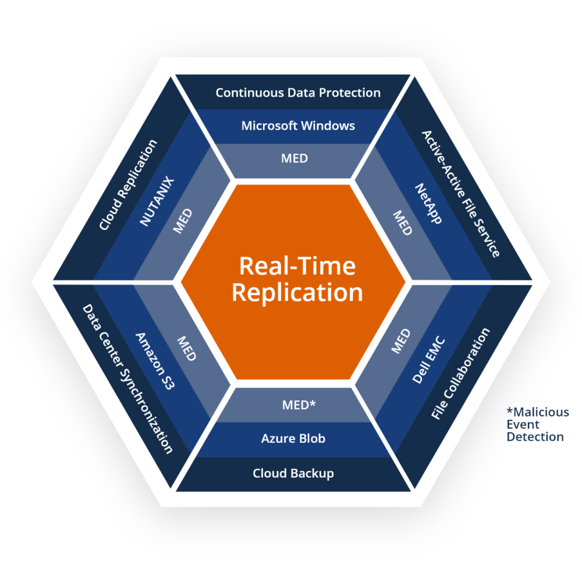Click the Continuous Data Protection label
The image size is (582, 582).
[x=298, y=93]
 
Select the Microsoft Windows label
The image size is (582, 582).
[x=298, y=125]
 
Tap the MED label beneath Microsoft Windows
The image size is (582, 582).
[x=294, y=158]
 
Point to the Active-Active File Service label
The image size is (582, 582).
[x=460, y=193]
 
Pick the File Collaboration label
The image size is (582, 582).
[x=460, y=374]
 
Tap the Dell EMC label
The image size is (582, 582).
[x=429, y=360]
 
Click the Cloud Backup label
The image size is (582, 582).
[x=293, y=473]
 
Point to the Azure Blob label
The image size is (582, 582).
[x=293, y=439]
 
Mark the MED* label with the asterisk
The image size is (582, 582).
[x=299, y=405]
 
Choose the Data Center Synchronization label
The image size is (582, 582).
[x=127, y=379]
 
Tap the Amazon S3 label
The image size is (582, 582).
[x=154, y=361]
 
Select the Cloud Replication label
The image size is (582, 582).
[x=128, y=184]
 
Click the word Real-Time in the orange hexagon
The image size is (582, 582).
[x=297, y=266]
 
